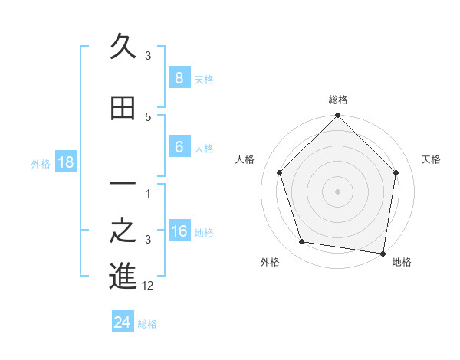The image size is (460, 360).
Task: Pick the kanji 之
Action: click(123, 231)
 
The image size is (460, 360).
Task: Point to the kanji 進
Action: click(123, 276)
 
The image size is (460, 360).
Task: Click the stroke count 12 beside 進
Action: click(148, 286)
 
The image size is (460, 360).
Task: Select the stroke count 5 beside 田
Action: click(148, 117)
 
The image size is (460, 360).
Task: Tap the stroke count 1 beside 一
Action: click(148, 193)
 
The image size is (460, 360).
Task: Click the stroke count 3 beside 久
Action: click(148, 56)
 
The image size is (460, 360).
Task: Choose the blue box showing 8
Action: click(179, 77)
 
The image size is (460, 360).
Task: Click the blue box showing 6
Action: click(179, 147)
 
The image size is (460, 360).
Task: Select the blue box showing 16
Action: click(179, 232)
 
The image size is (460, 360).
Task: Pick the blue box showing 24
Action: click(122, 322)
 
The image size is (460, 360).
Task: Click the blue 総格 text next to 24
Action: click(147, 324)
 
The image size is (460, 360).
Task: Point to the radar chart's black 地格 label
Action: click(402, 262)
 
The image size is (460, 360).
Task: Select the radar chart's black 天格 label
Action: click(431, 159)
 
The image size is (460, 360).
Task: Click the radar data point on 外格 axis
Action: click(302, 242)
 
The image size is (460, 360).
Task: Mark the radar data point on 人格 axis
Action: click(280, 173)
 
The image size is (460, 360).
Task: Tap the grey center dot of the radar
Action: click(337, 191)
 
